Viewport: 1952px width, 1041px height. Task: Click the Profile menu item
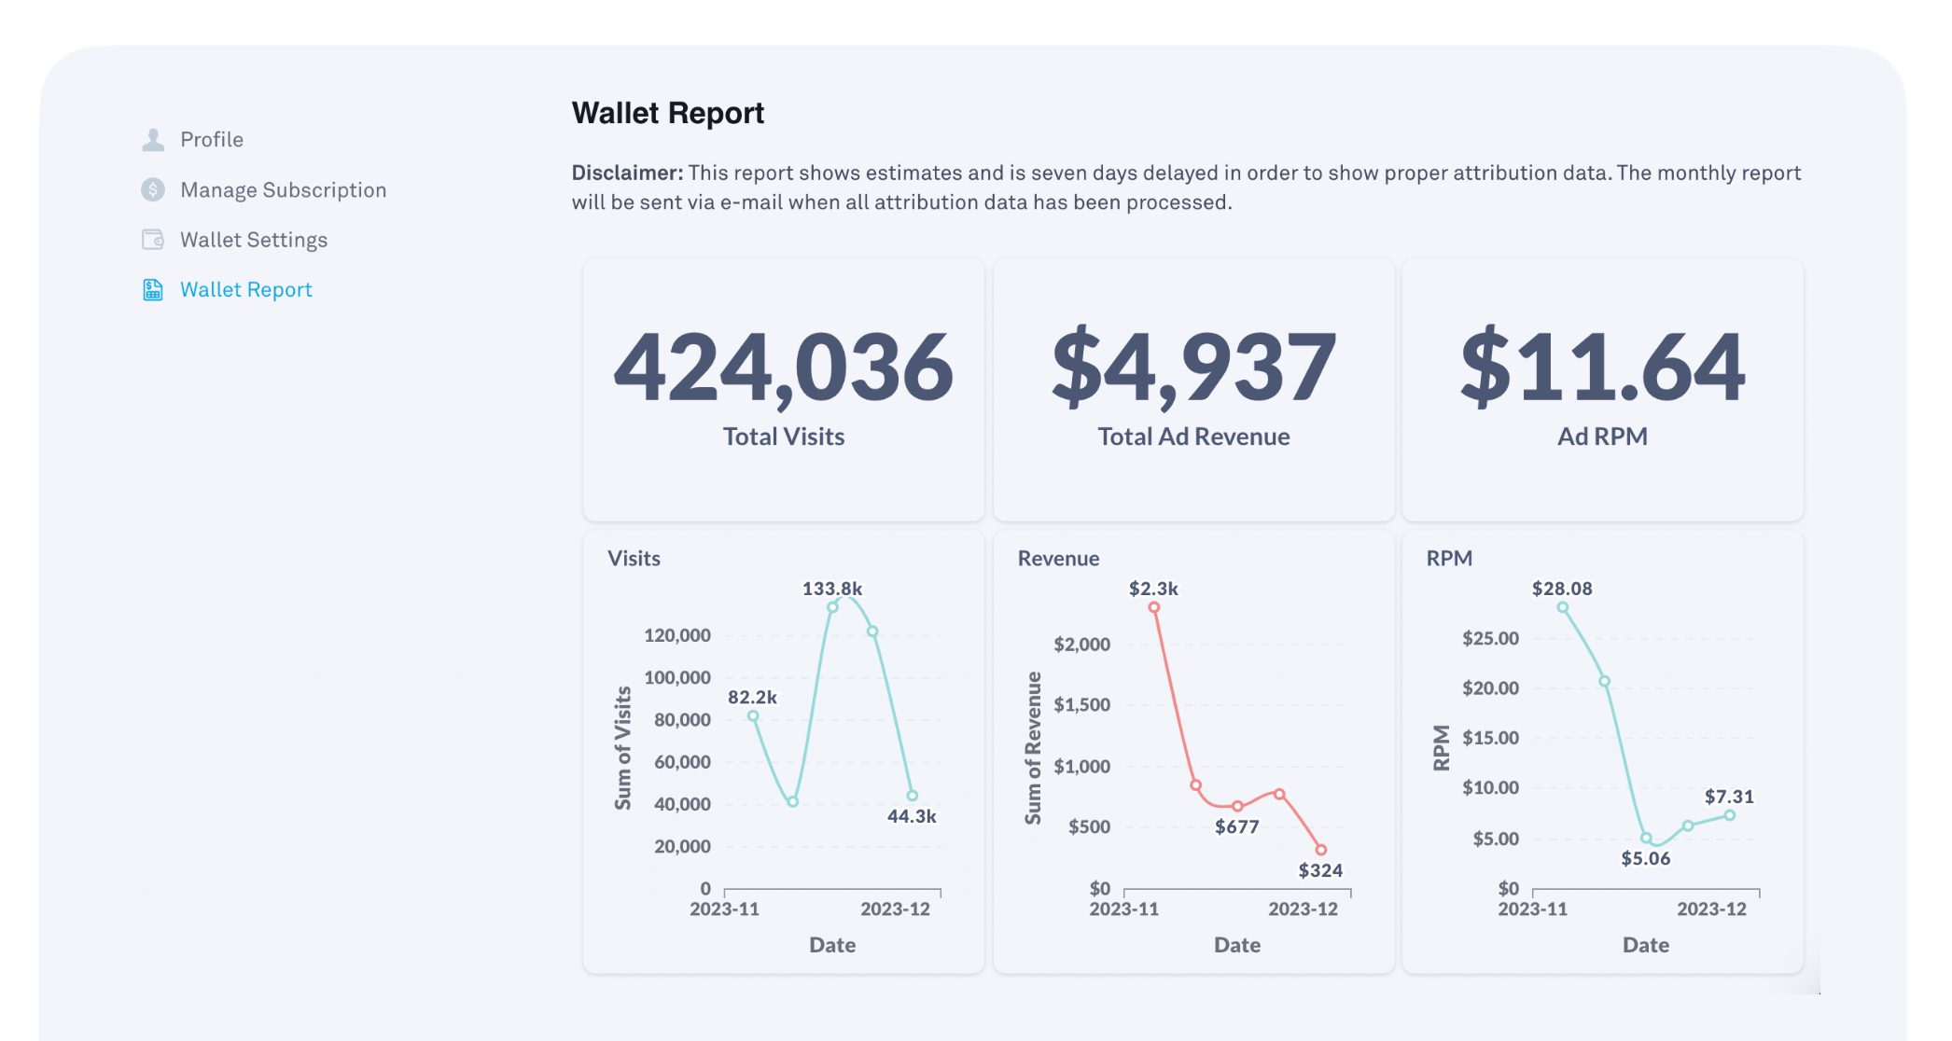pos(211,140)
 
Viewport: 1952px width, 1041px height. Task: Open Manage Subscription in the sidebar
pos(282,190)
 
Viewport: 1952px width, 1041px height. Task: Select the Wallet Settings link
pos(253,241)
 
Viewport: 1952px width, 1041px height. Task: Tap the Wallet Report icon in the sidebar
pos(153,290)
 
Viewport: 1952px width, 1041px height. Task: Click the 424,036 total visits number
pos(783,368)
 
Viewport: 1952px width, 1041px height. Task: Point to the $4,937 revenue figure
pos(1193,368)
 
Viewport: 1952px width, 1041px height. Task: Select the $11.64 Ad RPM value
pos(1602,368)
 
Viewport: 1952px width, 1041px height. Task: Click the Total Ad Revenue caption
pos(1193,437)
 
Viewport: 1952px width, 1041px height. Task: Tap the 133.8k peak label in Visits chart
pos(832,589)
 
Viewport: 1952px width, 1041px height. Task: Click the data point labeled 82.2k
pos(753,716)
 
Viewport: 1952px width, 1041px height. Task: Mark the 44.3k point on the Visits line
pos(913,796)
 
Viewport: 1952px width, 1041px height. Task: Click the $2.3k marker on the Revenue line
pos(1154,607)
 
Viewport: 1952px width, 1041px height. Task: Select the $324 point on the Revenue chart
pos(1321,850)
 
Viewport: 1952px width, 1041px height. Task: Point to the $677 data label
pos(1237,826)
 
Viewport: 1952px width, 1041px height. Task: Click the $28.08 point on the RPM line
pos(1563,608)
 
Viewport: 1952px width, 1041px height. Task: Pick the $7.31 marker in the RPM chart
pos(1730,815)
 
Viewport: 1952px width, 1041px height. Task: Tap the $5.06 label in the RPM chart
pos(1646,858)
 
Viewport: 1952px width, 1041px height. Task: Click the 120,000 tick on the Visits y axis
pos(677,635)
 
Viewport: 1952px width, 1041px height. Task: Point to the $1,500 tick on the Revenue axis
pos(1082,705)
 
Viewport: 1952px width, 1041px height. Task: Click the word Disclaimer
pos(627,173)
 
